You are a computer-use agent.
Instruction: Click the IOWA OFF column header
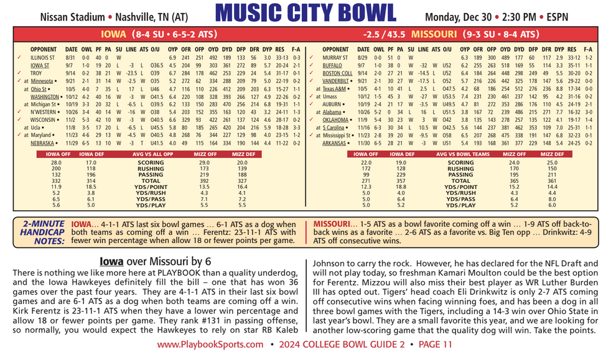tap(56, 152)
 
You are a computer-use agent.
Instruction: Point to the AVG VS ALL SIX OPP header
tap(148, 152)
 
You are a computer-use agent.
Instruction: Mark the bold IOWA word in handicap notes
tap(82, 223)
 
